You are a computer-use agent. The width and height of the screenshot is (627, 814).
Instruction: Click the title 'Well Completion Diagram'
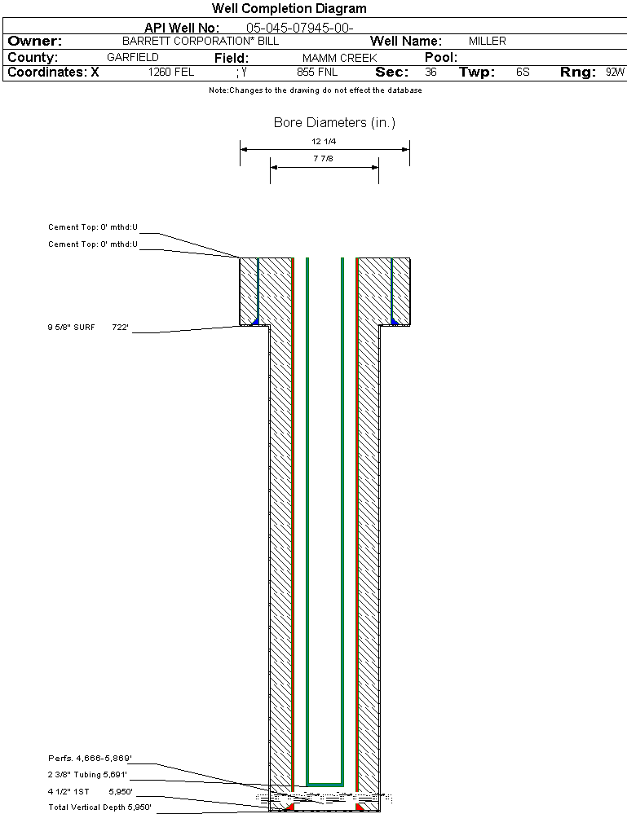(289, 9)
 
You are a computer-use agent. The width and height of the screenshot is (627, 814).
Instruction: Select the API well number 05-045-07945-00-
(299, 28)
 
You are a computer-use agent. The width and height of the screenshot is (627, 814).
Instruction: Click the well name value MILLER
(487, 41)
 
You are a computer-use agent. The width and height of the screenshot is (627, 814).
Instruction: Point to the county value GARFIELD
(133, 58)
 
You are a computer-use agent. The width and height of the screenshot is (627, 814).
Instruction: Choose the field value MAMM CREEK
(339, 58)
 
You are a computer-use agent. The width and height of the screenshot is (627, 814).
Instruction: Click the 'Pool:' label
(441, 58)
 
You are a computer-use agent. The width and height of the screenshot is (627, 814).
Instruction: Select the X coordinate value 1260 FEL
(171, 73)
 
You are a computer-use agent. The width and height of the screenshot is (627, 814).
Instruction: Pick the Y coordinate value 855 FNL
(317, 73)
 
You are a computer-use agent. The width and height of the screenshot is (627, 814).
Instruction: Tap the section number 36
(431, 73)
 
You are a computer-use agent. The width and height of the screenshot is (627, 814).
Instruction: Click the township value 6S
(523, 73)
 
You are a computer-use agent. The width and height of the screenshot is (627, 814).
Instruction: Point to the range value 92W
(615, 73)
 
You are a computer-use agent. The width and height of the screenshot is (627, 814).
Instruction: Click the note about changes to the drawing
(316, 90)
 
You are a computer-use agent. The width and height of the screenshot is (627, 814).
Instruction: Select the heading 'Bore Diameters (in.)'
(334, 123)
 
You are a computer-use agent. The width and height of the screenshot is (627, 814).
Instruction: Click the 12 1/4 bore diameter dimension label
(325, 141)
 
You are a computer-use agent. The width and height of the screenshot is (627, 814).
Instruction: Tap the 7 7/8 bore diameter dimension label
(324, 158)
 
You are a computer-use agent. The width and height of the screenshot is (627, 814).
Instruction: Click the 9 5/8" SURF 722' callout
(88, 328)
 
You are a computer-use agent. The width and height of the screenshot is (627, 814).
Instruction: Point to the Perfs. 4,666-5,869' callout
(89, 759)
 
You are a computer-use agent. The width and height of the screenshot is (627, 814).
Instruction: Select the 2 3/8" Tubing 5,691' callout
(87, 775)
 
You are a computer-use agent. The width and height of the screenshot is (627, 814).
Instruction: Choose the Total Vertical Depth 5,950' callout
(99, 807)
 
